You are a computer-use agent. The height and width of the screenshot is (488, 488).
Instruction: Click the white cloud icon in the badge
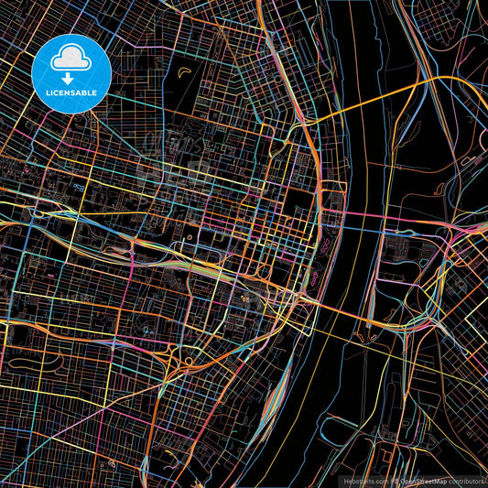(70, 58)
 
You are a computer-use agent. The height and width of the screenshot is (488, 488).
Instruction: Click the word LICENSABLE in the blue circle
(70, 92)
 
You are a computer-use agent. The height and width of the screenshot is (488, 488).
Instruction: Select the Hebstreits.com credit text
(366, 480)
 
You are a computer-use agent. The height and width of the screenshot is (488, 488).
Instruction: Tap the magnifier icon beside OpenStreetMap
(395, 480)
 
